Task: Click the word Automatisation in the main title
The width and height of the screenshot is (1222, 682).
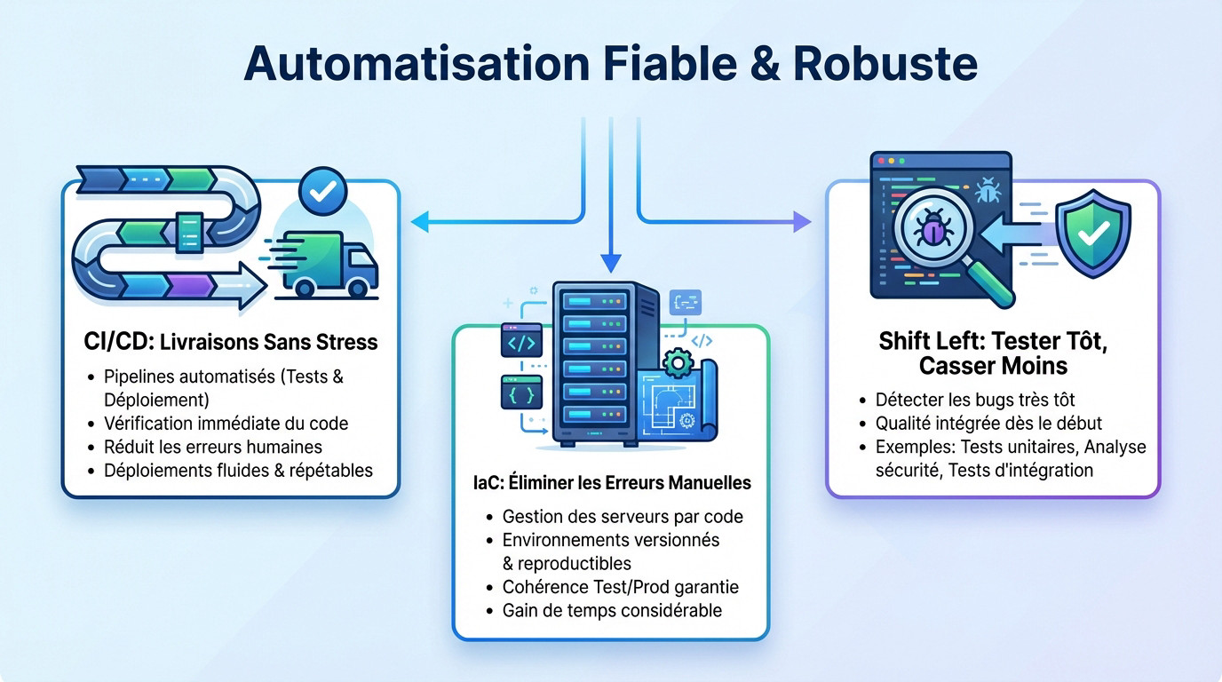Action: tap(417, 64)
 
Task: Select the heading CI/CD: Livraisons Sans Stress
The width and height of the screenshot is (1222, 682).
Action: tap(229, 342)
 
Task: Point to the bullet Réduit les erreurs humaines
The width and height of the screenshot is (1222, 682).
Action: tap(213, 447)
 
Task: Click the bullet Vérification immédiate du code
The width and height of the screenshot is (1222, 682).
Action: tap(226, 424)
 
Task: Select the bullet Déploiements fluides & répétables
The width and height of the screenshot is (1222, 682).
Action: tap(238, 470)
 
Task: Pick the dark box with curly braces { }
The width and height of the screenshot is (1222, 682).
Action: tap(521, 392)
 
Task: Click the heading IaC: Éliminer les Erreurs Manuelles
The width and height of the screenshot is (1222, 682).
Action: tap(611, 483)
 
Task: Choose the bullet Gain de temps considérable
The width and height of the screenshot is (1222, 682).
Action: tap(612, 610)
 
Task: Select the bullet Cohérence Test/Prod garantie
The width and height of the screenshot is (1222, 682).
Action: tap(620, 587)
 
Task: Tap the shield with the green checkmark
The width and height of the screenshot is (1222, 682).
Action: tap(1091, 234)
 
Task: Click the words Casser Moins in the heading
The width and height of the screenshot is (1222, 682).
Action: tap(993, 365)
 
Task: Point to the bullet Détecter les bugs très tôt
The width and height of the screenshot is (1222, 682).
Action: tap(975, 400)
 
